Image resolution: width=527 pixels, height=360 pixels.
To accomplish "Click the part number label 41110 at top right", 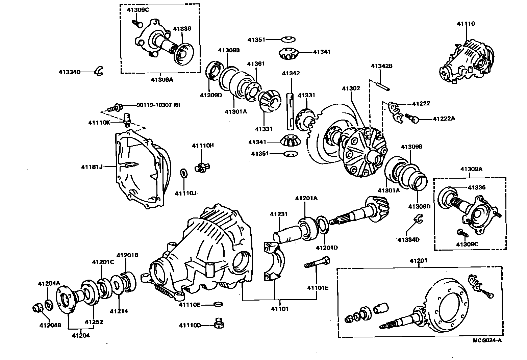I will point(466,24).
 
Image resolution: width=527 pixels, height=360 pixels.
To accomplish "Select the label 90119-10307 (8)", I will point(158,105).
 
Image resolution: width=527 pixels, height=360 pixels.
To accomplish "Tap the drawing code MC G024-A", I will point(487,340).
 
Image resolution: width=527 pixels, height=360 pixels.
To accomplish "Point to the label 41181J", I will point(92,167).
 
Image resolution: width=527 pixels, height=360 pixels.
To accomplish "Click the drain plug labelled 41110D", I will point(219,323).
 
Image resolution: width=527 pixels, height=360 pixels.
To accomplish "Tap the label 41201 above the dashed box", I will point(418,261).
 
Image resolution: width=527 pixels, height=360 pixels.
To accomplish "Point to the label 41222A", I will point(444,119).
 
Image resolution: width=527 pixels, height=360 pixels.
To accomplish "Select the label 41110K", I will point(99,123).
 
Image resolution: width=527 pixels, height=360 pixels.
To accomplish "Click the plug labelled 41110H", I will point(202,167).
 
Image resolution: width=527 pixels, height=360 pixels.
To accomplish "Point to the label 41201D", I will point(327,248).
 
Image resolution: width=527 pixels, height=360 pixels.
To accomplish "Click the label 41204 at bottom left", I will point(81,335).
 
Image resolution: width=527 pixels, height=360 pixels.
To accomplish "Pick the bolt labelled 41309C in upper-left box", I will point(137,23).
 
